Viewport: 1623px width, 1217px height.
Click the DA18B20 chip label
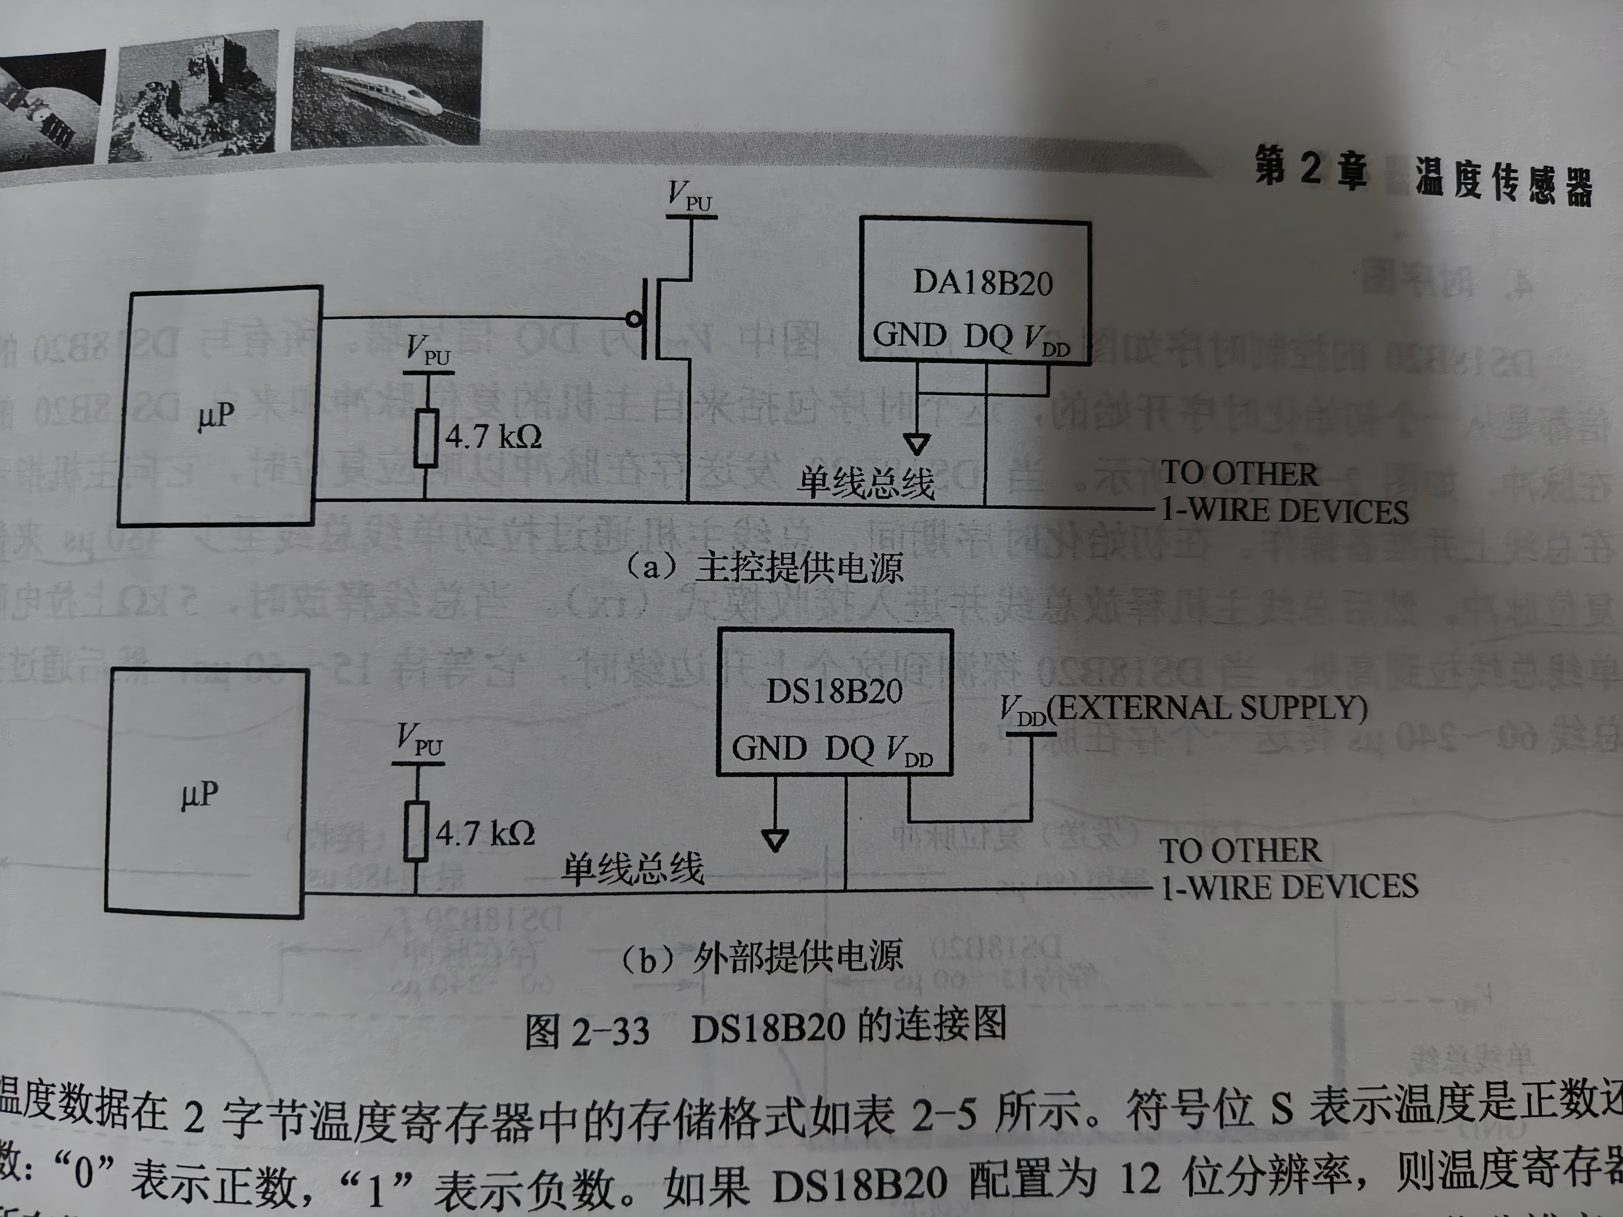coord(982,283)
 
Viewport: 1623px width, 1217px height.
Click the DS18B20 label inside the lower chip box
coord(834,691)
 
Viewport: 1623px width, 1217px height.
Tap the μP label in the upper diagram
coord(216,417)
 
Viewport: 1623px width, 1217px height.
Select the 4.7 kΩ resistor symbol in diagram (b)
coord(416,831)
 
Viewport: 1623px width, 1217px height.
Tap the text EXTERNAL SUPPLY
coord(1211,708)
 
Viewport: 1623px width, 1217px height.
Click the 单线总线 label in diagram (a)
coord(867,483)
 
